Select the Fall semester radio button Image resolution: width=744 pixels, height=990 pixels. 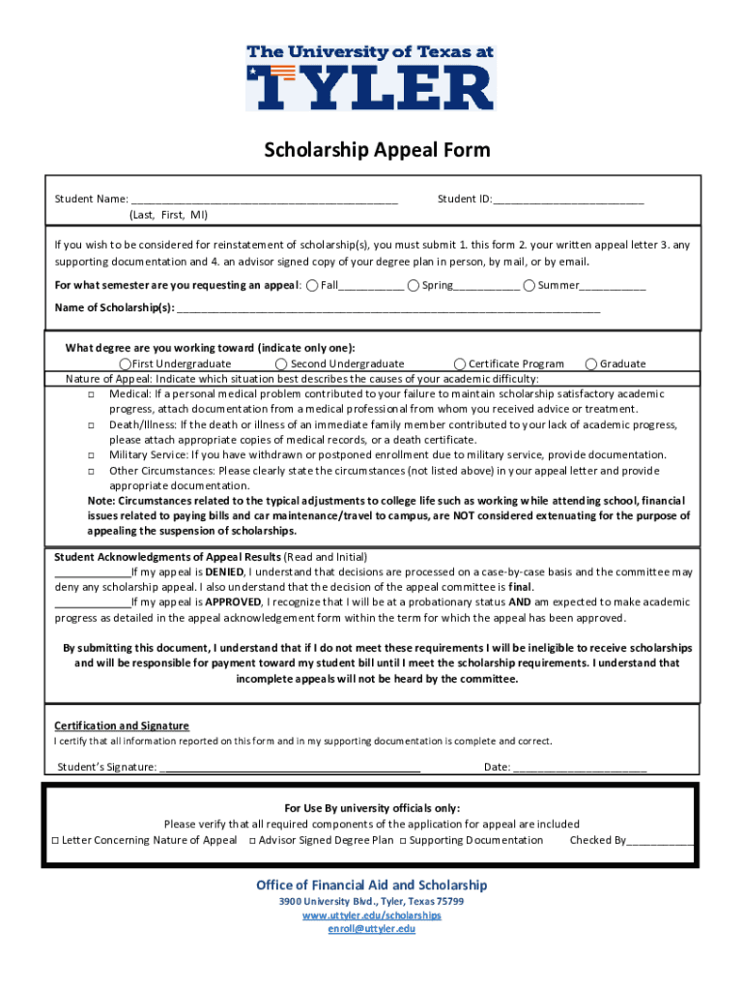pyautogui.click(x=312, y=285)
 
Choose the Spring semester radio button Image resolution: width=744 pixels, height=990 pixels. pyautogui.click(x=413, y=285)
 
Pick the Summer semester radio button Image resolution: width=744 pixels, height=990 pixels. pyautogui.click(x=529, y=285)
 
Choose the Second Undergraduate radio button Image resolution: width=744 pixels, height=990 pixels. pyautogui.click(x=281, y=364)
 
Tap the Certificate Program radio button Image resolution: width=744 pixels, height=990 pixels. pyautogui.click(x=460, y=364)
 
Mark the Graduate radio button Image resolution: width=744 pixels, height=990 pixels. pyautogui.click(x=590, y=364)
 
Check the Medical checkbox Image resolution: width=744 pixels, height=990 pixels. pyautogui.click(x=90, y=394)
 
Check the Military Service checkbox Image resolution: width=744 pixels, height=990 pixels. pyautogui.click(x=90, y=455)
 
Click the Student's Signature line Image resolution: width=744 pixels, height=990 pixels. pyautogui.click(x=289, y=769)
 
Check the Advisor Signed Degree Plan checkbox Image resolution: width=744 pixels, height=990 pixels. pyautogui.click(x=251, y=841)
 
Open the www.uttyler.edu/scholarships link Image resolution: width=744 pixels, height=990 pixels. pyautogui.click(x=372, y=916)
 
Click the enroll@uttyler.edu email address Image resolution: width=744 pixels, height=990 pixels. pyautogui.click(x=372, y=929)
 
